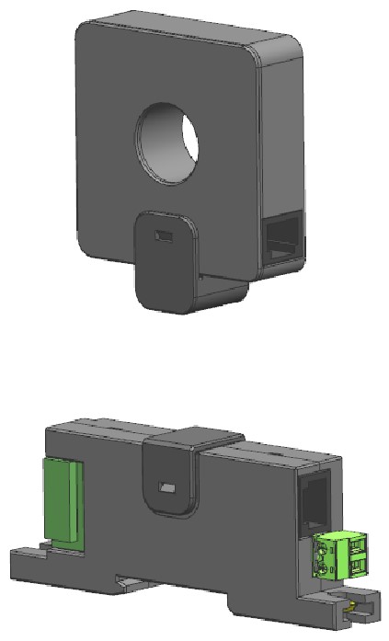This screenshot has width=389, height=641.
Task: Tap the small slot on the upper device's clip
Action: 163,237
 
